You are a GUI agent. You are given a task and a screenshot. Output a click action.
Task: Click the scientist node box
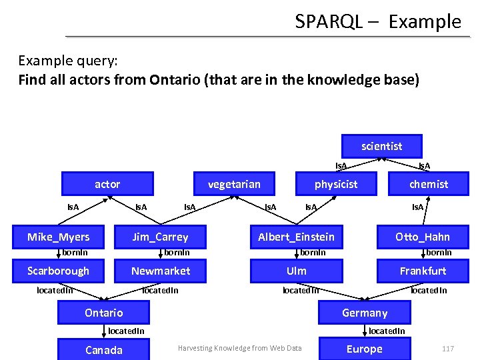(x=381, y=146)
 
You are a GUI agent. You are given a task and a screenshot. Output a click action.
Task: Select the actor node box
(x=107, y=184)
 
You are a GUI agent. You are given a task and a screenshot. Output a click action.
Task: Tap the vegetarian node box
(x=234, y=184)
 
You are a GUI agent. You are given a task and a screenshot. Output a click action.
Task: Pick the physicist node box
(x=336, y=184)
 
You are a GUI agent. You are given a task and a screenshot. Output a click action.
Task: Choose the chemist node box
(x=429, y=184)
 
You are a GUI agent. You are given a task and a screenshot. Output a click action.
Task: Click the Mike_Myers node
(x=58, y=237)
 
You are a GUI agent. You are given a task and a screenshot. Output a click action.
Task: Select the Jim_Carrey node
(x=160, y=237)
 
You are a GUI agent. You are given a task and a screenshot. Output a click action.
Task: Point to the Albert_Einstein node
(x=297, y=237)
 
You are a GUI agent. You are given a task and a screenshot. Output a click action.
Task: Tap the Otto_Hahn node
(x=423, y=237)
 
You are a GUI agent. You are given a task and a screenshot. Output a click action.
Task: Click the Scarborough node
(x=58, y=271)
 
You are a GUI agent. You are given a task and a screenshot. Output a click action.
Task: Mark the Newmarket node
(x=160, y=271)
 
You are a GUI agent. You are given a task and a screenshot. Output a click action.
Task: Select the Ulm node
(x=297, y=271)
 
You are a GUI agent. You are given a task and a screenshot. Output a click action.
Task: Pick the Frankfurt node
(x=423, y=271)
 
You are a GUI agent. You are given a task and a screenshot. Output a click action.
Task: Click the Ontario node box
(x=104, y=313)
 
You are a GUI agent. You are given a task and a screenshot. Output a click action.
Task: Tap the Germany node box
(x=365, y=313)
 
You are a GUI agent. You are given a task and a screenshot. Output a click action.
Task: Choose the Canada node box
(x=104, y=350)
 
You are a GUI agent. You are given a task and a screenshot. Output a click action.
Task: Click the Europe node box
(x=365, y=349)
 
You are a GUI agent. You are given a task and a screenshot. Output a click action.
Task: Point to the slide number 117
(x=447, y=349)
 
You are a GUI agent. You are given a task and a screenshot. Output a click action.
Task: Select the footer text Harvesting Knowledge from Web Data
(x=239, y=348)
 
